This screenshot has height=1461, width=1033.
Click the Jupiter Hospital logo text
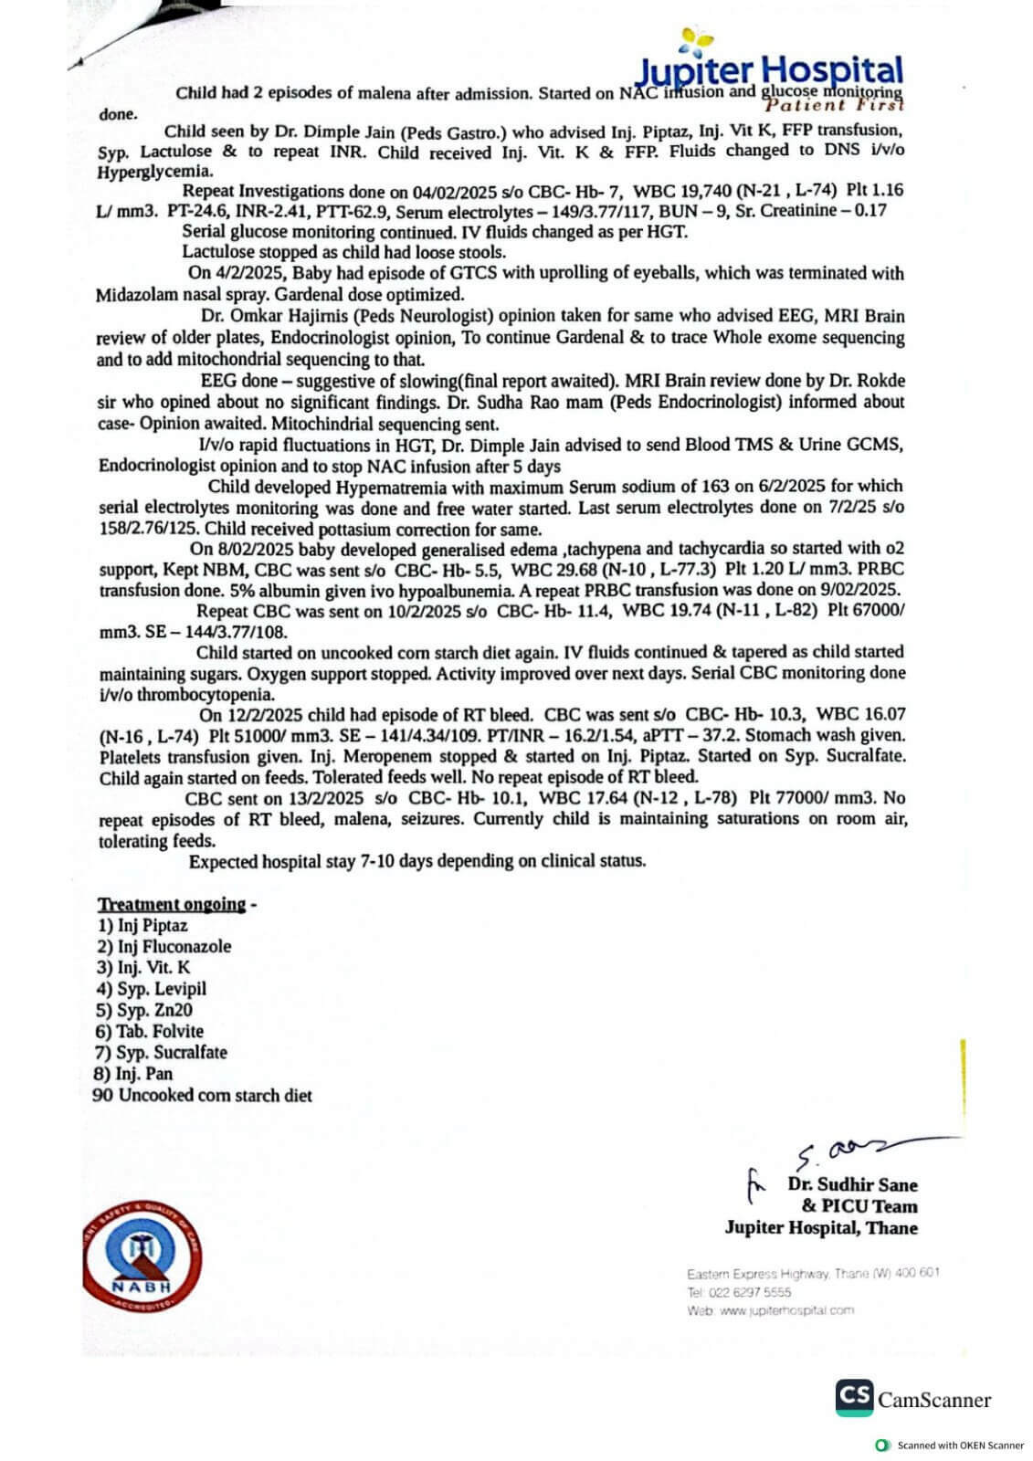coord(769,69)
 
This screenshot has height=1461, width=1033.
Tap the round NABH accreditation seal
coord(142,1253)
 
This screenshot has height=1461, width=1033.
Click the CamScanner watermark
coord(912,1398)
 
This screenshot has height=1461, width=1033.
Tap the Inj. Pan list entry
coord(134,1074)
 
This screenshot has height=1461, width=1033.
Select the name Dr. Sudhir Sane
coord(852,1185)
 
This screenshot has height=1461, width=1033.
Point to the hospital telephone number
coord(739,1292)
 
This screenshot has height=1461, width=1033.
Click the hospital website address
coord(771,1310)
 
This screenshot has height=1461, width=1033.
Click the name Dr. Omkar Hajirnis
coord(273,317)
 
